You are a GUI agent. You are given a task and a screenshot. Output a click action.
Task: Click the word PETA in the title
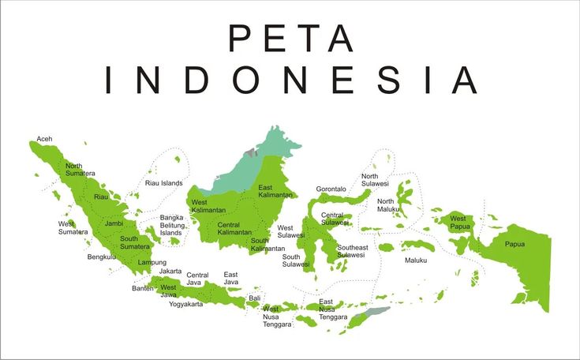click(x=290, y=38)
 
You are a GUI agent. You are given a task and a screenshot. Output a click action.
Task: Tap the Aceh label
click(x=45, y=139)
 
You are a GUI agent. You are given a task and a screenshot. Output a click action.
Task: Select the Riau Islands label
click(x=163, y=183)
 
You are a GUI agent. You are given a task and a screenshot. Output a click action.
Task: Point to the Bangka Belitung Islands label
click(x=171, y=225)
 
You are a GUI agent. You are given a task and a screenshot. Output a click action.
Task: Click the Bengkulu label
click(x=102, y=257)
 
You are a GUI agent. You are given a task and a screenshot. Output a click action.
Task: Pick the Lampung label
click(x=152, y=262)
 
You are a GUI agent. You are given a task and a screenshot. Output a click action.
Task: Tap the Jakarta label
click(x=170, y=272)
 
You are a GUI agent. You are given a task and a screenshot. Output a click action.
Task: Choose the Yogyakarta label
click(x=185, y=304)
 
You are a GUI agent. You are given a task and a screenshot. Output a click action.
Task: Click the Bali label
click(x=254, y=298)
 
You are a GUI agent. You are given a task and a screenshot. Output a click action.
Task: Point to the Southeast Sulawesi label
click(x=351, y=251)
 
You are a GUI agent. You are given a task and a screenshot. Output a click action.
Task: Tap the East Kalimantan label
click(x=275, y=191)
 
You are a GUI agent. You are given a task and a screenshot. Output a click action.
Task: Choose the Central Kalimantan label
click(x=234, y=229)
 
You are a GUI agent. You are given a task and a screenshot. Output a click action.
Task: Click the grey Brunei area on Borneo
click(x=250, y=150)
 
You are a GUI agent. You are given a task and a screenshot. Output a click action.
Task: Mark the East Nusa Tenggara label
click(x=332, y=309)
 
